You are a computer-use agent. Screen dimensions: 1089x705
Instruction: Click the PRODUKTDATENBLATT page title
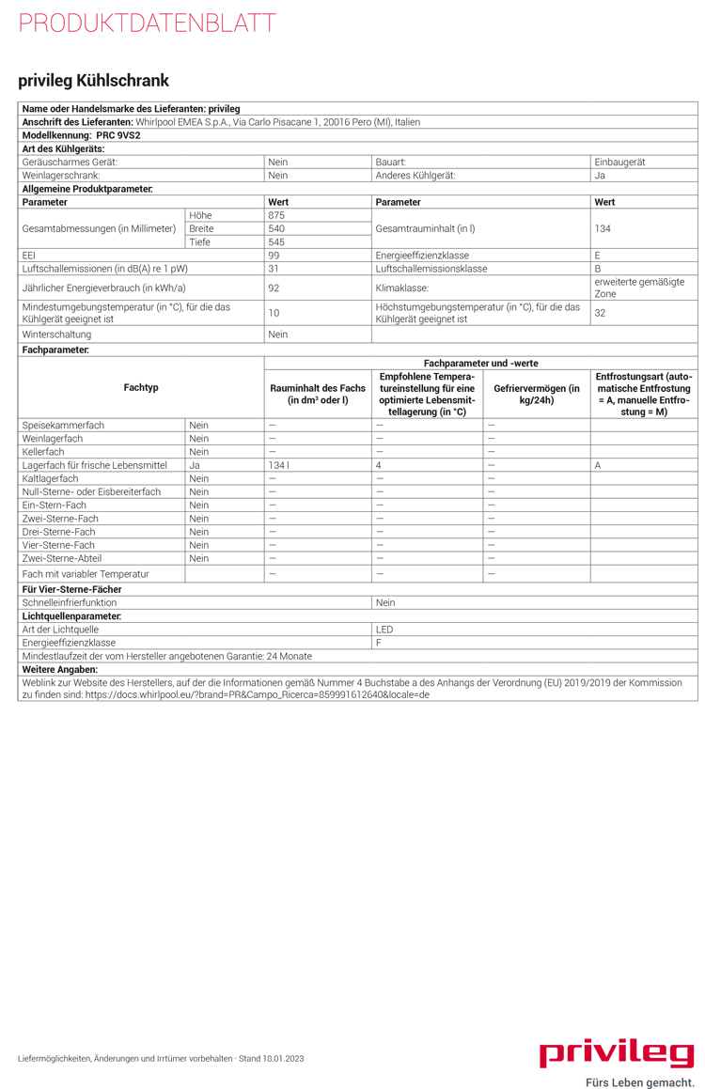(x=148, y=23)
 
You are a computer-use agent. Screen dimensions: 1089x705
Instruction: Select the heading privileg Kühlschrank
(x=94, y=81)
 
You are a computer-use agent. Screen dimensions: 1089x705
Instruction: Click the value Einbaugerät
(x=619, y=162)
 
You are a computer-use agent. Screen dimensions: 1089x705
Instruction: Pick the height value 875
(x=276, y=215)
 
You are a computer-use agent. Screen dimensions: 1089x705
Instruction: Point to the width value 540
(x=276, y=228)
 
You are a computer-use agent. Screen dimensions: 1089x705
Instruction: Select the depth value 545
(x=276, y=241)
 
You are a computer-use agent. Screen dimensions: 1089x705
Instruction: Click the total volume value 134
(x=603, y=228)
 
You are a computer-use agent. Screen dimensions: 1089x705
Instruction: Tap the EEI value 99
(x=274, y=255)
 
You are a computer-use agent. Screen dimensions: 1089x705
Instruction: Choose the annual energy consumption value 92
(x=274, y=288)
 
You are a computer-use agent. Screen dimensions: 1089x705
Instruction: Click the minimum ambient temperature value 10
(x=274, y=313)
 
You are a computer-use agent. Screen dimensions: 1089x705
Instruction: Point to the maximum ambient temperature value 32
(x=601, y=313)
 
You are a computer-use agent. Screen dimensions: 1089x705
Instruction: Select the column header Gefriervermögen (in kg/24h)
(x=537, y=395)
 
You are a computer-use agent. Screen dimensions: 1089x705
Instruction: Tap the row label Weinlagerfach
(x=53, y=438)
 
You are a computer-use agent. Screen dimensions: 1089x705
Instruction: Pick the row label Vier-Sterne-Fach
(x=58, y=545)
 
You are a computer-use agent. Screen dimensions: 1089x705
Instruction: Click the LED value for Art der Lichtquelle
(x=384, y=629)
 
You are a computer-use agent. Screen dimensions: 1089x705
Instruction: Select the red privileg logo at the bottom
(x=617, y=1053)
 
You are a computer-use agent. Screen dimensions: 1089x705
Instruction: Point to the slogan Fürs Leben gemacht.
(x=639, y=1081)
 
